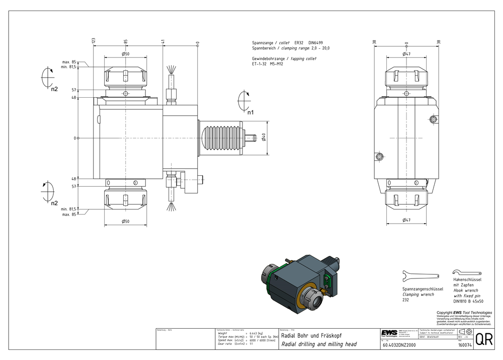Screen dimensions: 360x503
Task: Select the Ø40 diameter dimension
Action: pos(264,137)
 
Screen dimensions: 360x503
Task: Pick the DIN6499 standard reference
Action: pos(315,44)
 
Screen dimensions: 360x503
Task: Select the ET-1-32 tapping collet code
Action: pos(261,64)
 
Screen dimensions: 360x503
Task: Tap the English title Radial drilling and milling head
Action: pos(318,344)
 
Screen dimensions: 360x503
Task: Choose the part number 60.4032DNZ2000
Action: pos(399,345)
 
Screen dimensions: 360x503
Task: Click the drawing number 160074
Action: pos(464,345)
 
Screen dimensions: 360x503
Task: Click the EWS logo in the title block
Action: pos(388,333)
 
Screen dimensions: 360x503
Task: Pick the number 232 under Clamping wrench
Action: pos(405,300)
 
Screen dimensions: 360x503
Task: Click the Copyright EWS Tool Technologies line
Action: pos(464,313)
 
